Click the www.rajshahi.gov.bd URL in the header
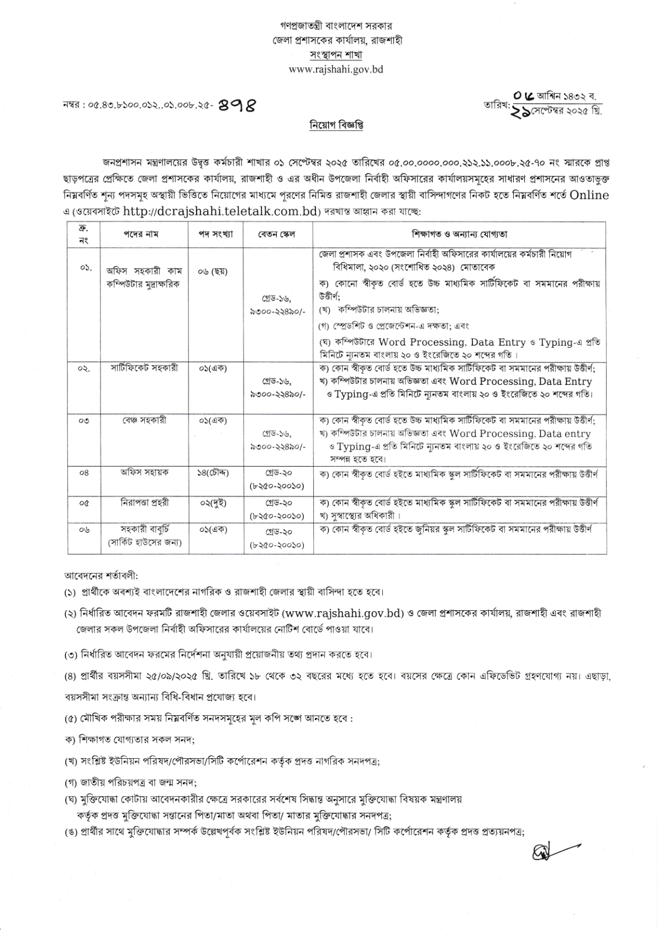[335, 70]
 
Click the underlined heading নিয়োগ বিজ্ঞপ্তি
[336, 125]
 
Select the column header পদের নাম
[140, 234]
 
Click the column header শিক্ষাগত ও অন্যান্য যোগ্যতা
[459, 234]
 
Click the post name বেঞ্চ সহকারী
[144, 420]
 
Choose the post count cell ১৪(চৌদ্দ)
[213, 473]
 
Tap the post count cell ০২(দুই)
[213, 503]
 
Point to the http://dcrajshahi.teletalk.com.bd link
[222, 211]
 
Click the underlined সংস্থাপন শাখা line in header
[335, 55]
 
